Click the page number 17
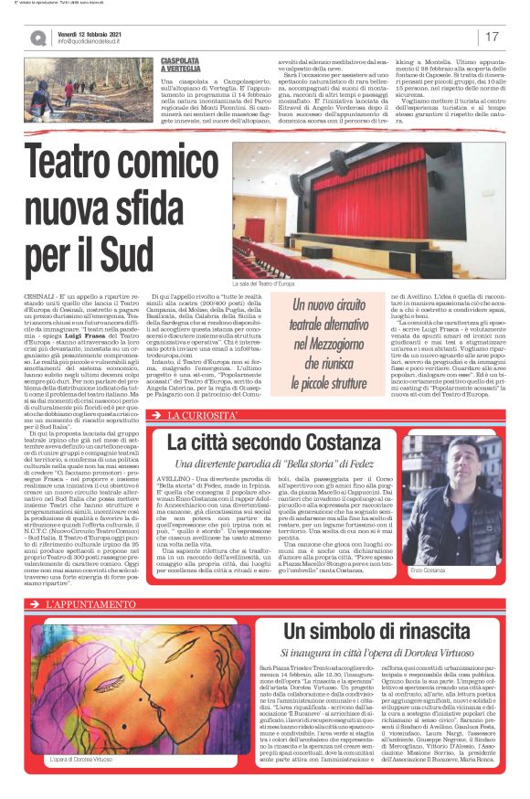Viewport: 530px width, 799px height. tap(492, 37)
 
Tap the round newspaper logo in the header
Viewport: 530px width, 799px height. tap(37, 37)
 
